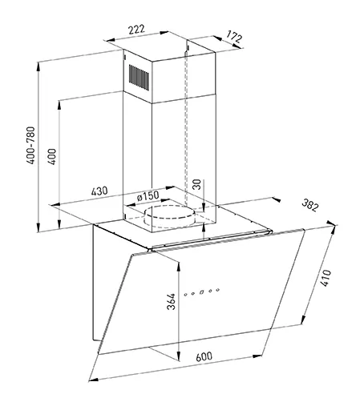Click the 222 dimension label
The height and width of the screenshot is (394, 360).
tap(136, 30)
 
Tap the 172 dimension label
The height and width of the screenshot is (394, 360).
tap(234, 37)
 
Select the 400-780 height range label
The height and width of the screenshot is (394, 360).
tap(31, 145)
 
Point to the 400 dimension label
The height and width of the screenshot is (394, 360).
tap(51, 156)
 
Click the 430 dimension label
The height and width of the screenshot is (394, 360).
tap(99, 191)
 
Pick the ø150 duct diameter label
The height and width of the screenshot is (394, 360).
tap(148, 196)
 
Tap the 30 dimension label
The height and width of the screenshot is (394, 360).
tap(196, 184)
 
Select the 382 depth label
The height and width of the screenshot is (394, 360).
tap(310, 205)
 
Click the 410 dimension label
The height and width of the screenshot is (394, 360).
tap(326, 278)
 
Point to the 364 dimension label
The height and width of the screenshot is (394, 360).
tap(171, 301)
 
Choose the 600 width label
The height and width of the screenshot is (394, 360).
tap(204, 356)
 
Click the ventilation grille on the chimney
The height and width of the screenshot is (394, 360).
tap(139, 77)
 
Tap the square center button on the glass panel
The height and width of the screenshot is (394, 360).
tap(202, 292)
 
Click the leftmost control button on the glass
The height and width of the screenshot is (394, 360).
tap(185, 295)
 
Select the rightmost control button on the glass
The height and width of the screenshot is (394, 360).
tap(218, 290)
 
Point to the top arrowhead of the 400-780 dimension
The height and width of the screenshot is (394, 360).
tap(38, 66)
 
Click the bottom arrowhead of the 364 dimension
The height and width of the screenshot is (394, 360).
tap(178, 356)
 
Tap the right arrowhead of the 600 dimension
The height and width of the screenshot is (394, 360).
tap(257, 356)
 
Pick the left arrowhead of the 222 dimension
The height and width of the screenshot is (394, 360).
tap(110, 40)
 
